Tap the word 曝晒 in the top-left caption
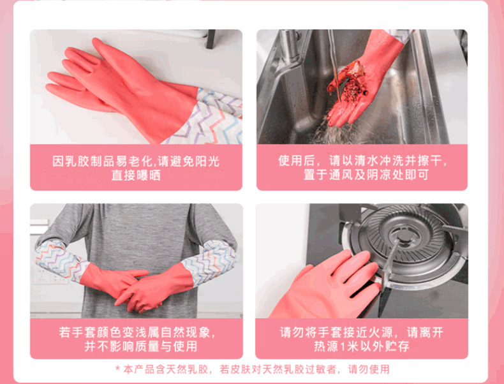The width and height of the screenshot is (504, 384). pyautogui.click(x=149, y=175)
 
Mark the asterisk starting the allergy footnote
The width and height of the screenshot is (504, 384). pyautogui.click(x=117, y=368)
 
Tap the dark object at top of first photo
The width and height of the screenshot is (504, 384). pyautogui.click(x=211, y=39)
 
